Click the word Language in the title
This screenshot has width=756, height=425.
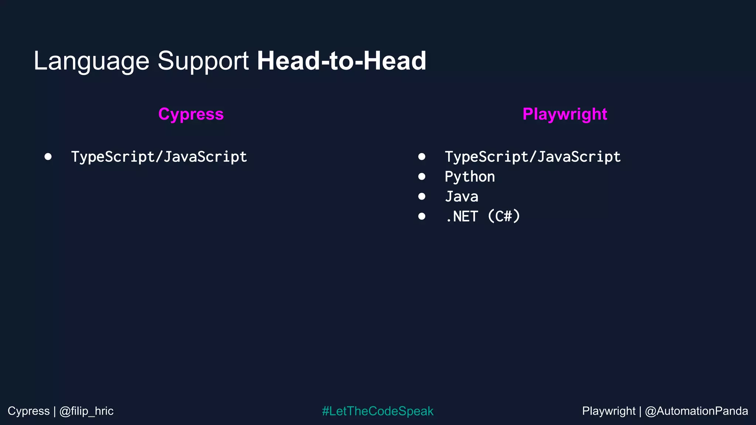click(x=91, y=61)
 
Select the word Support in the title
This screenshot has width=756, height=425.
click(x=203, y=61)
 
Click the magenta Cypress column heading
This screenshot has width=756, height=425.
click(x=191, y=114)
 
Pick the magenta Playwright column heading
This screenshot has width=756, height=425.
click(x=565, y=114)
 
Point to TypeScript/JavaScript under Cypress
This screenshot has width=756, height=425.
click(x=159, y=157)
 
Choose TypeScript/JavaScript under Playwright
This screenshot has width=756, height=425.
click(x=533, y=157)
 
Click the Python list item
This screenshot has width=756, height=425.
click(x=470, y=177)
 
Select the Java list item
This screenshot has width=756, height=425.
click(x=461, y=197)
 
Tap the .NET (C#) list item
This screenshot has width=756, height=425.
click(x=482, y=217)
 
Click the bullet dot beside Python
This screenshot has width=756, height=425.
click(x=422, y=177)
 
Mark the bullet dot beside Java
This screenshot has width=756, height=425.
click(x=422, y=196)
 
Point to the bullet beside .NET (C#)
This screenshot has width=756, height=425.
click(x=422, y=216)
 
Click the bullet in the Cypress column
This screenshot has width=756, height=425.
click(x=48, y=156)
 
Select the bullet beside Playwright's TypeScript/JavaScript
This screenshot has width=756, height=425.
click(x=422, y=156)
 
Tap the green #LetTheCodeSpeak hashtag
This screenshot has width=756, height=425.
click(x=378, y=411)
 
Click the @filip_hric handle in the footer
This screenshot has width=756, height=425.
click(x=86, y=411)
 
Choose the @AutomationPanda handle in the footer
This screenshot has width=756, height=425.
click(x=696, y=411)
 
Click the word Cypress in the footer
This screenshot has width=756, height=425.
click(x=28, y=411)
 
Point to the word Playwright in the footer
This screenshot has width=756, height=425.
click(x=609, y=411)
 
